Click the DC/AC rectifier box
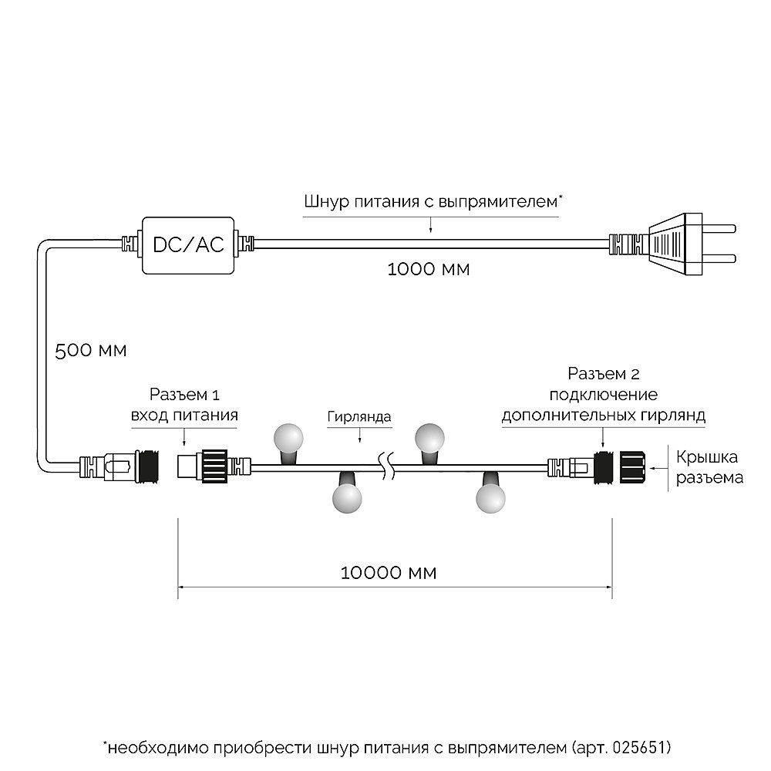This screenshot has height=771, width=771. [188, 244]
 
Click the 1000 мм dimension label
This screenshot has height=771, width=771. [428, 270]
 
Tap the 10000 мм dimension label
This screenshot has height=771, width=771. [388, 573]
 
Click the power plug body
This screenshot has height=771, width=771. [676, 244]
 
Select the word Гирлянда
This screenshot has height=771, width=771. [359, 417]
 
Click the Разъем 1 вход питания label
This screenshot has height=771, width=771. [183, 406]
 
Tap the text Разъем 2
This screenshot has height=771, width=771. [603, 375]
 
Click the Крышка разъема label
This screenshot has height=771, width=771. [709, 466]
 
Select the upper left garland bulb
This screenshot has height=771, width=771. [291, 437]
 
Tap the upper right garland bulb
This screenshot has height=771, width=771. [430, 437]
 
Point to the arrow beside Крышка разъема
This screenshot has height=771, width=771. [659, 466]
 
